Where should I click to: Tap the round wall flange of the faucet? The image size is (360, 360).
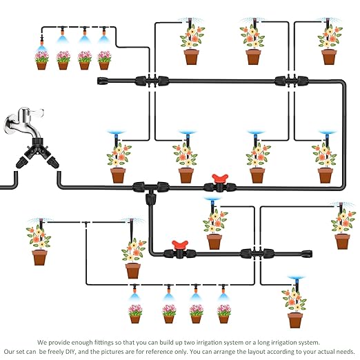(10, 125)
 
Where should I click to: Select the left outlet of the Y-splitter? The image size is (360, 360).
(22, 162)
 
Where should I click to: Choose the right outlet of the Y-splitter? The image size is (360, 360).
(53, 161)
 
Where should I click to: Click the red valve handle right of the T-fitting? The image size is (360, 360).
(220, 178)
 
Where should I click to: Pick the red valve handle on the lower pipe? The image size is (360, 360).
(180, 245)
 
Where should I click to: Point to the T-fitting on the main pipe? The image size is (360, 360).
(151, 190)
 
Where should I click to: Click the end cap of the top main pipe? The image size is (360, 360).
(103, 81)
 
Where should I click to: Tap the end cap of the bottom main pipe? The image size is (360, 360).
(307, 254)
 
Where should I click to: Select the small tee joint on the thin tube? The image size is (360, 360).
(86, 223)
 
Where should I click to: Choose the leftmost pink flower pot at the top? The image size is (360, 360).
(41, 60)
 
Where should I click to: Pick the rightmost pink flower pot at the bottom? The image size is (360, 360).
(224, 314)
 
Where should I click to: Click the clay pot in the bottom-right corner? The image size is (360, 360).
(295, 320)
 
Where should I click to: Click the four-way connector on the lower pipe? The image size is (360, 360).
(257, 254)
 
